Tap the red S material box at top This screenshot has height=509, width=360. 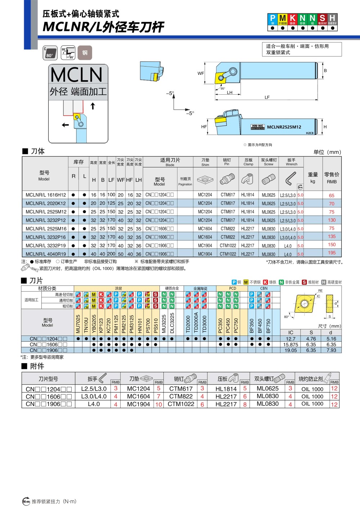(322, 18)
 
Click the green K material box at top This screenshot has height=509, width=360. (293, 18)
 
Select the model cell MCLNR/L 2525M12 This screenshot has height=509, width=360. (46, 212)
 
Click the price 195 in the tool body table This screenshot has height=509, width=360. (332, 253)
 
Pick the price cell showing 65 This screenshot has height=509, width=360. (332, 195)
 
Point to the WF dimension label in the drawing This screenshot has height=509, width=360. (201, 73)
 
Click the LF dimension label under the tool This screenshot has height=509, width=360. (267, 97)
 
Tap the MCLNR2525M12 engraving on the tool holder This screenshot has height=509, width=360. (284, 127)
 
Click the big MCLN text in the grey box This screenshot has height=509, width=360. (77, 75)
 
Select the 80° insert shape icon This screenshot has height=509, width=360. (50, 53)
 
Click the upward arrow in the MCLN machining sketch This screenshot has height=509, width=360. (93, 106)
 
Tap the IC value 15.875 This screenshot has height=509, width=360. (291, 344)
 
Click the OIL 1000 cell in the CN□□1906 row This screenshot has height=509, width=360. (312, 404)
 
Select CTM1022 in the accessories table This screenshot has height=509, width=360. (181, 404)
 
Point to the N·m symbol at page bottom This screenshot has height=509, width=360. (26, 501)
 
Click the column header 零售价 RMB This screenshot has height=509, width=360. (332, 178)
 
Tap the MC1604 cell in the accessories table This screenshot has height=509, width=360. (138, 396)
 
